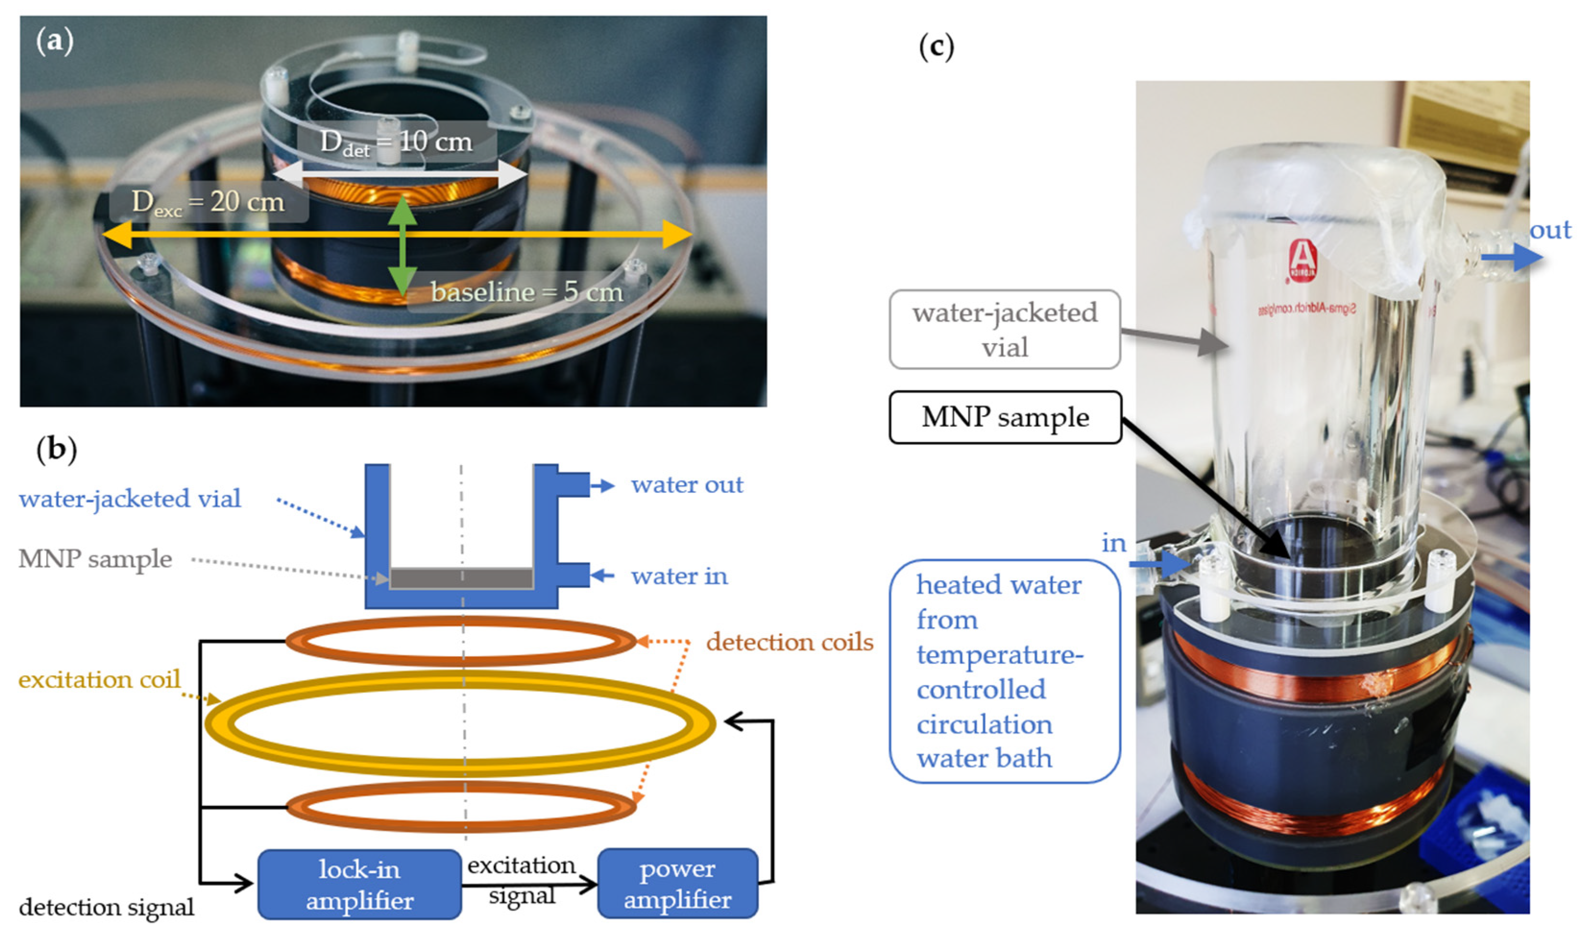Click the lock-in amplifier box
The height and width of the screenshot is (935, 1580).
pos(359,884)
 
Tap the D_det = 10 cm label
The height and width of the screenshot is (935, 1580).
pos(396,141)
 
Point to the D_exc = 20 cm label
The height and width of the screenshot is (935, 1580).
pos(208,202)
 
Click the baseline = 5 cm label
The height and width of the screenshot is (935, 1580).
pos(526,292)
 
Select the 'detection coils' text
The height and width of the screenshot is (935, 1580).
pos(790,642)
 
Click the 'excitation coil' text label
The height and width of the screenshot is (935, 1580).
pos(99,680)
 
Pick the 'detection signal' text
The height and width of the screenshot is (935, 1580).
pos(107,907)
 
